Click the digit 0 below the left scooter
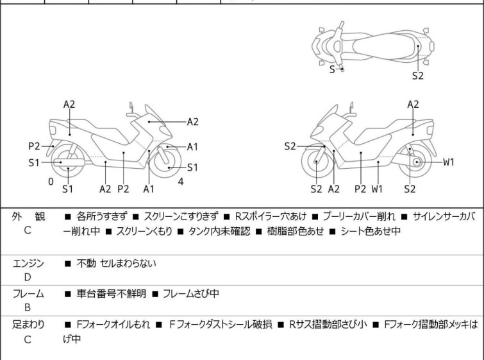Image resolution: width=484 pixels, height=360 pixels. tap(51, 182)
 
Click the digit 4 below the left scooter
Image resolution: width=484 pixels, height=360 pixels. tap(181, 182)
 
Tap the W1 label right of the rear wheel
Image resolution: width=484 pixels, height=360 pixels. tap(449, 162)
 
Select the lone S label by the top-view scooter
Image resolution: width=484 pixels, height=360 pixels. tap(332, 68)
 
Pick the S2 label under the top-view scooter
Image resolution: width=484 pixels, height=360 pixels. tap(417, 75)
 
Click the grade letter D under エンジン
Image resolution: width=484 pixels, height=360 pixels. tap(27, 277)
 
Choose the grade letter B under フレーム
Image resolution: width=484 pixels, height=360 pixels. tap(27, 307)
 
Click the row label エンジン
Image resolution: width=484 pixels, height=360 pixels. tap(28, 263)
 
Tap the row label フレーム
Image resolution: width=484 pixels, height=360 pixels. tap(28, 294)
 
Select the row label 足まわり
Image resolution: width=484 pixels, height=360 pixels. tap(28, 325)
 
